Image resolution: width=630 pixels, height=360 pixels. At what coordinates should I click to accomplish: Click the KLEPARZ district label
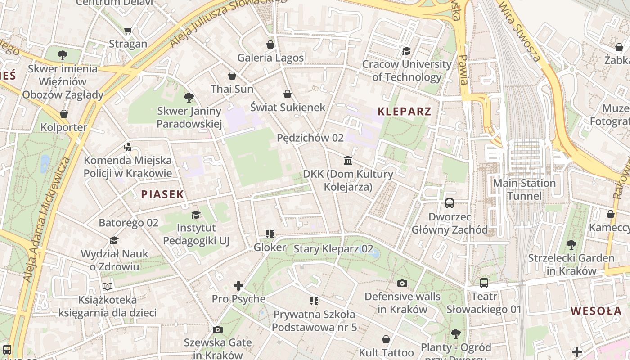click(x=404, y=112)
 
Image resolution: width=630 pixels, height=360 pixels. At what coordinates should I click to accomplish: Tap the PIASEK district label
click(x=162, y=194)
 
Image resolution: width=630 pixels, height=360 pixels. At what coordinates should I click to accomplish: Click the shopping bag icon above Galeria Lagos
click(x=270, y=45)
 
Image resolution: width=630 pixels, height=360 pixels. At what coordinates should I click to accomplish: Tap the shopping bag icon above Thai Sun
click(x=232, y=76)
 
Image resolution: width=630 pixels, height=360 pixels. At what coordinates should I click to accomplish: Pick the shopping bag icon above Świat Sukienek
click(x=288, y=94)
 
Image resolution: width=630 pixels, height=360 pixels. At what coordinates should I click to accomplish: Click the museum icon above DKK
click(x=348, y=161)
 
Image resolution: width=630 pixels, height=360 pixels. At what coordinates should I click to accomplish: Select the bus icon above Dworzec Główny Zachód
click(x=450, y=203)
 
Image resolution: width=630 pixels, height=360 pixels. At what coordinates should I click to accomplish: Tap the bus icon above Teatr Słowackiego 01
click(x=484, y=283)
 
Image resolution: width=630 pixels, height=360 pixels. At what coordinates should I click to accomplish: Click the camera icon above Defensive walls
click(x=402, y=283)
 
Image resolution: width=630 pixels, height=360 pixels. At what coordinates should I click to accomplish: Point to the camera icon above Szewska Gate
click(x=218, y=329)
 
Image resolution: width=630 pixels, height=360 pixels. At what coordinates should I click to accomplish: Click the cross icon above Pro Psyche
click(x=238, y=286)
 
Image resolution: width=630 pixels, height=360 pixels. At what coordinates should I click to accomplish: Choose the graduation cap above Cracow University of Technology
click(x=406, y=51)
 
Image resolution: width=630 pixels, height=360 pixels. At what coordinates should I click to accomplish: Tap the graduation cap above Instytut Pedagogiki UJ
click(x=196, y=215)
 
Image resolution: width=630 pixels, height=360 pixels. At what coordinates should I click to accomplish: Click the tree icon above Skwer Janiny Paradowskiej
click(x=189, y=98)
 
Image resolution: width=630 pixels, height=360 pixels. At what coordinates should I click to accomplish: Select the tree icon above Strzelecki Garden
click(x=571, y=245)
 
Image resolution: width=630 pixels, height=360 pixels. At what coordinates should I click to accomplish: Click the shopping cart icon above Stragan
click(x=128, y=31)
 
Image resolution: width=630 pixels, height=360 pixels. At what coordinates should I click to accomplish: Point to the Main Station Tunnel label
click(x=524, y=189)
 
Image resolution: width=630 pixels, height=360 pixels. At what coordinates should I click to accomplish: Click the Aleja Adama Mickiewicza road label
click(x=45, y=220)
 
